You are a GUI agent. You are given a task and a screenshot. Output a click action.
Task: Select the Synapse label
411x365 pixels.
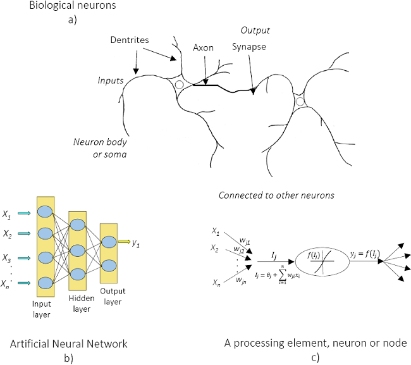[250, 47]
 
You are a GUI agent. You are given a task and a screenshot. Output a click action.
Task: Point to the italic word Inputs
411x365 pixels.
[111, 81]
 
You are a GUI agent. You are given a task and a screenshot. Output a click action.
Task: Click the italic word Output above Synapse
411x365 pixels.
[255, 30]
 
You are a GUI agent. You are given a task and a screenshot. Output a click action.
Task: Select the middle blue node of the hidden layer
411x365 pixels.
[78, 249]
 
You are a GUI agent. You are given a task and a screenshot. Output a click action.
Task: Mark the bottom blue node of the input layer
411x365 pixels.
[45, 283]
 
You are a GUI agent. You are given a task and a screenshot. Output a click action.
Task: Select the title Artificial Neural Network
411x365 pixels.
[69, 343]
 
